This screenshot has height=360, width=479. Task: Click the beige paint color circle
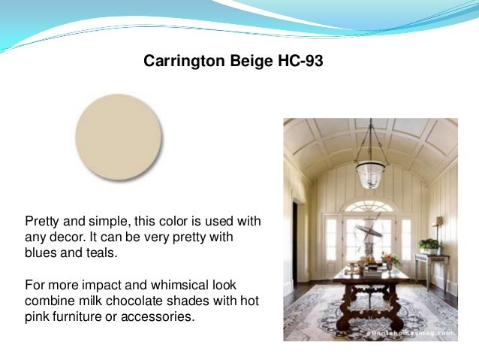(x=119, y=137)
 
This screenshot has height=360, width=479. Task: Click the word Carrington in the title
(x=179, y=61)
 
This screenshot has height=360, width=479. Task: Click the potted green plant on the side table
(x=429, y=245)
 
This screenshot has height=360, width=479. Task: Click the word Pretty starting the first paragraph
(x=44, y=222)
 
